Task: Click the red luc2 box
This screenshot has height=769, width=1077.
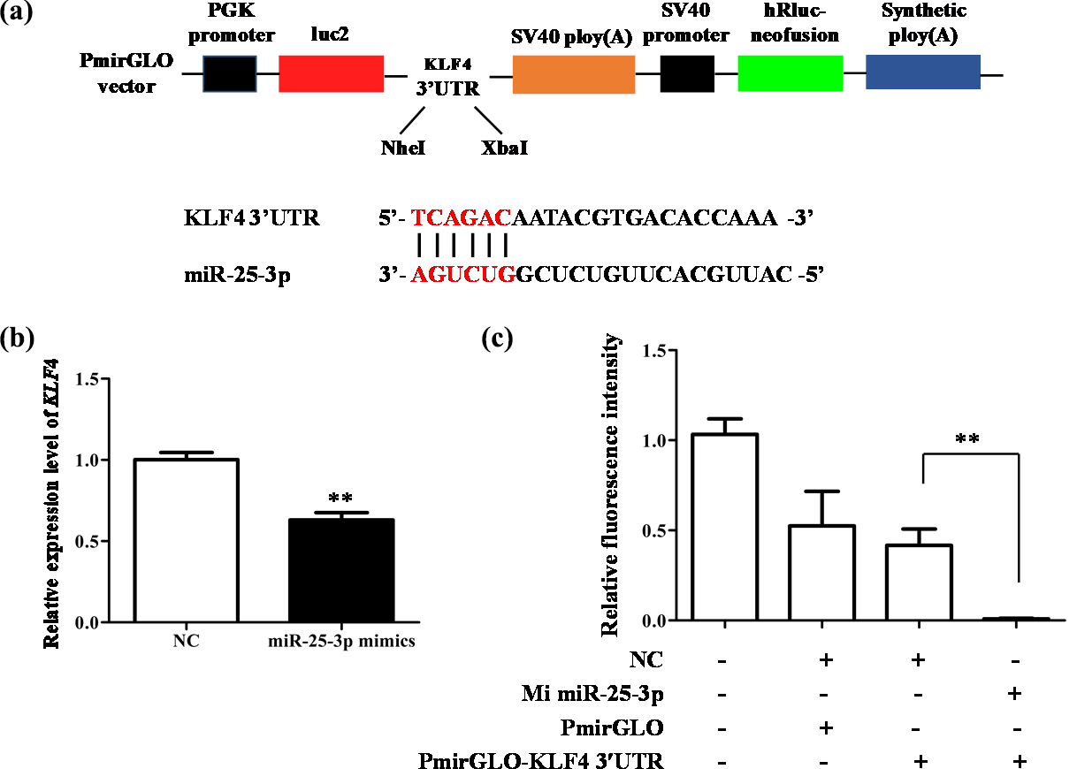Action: (x=331, y=73)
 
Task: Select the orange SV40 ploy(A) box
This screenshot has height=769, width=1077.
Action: (x=573, y=74)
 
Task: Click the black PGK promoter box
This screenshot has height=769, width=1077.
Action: (x=230, y=73)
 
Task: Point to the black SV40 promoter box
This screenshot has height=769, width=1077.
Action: (x=687, y=73)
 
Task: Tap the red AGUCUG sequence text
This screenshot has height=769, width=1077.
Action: (x=463, y=275)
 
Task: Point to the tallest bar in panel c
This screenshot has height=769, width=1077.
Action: (x=724, y=527)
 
